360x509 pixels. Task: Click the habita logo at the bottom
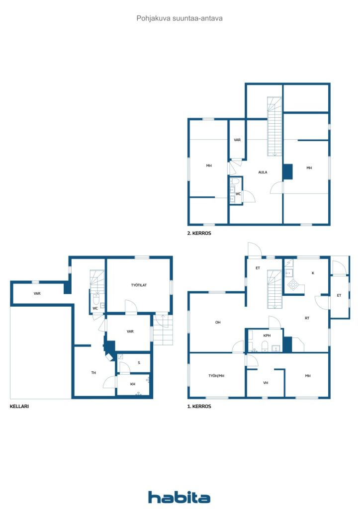[179, 497]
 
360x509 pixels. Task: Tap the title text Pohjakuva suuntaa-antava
[180, 18]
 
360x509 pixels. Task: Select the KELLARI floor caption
[19, 406]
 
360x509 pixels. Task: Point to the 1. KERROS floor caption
[199, 406]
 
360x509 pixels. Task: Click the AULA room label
[263, 172]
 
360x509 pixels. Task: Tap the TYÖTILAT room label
[138, 285]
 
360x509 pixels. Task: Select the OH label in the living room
[218, 322]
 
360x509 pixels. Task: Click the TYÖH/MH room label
[216, 376]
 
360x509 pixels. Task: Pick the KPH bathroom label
[267, 336]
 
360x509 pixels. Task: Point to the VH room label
[266, 383]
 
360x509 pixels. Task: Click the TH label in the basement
[93, 372]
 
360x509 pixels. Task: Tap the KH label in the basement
[133, 384]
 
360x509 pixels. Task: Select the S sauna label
[139, 362]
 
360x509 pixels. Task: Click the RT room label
[307, 318]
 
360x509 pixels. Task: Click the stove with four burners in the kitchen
[294, 285]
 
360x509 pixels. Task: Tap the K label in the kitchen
[312, 273]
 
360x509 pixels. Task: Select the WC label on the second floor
[238, 194]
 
